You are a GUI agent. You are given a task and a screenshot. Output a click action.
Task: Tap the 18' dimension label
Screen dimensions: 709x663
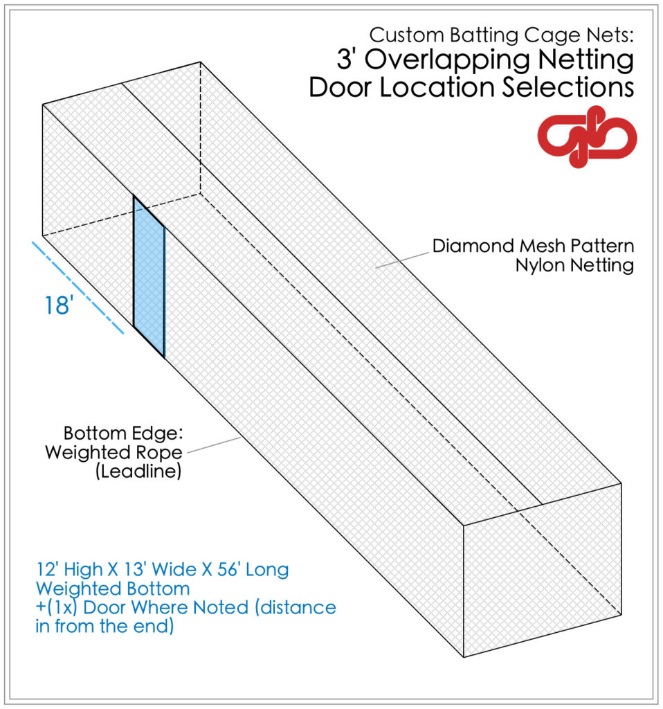58,305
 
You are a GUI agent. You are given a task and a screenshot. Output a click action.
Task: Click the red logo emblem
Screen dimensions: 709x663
587,137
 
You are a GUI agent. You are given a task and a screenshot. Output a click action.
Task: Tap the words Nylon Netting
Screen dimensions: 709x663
574,266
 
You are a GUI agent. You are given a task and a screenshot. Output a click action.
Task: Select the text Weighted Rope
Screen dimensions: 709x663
113,452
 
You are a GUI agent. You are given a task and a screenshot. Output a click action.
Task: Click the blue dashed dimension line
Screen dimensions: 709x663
78,287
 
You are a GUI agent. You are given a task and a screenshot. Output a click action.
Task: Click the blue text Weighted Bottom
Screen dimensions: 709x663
112,589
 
